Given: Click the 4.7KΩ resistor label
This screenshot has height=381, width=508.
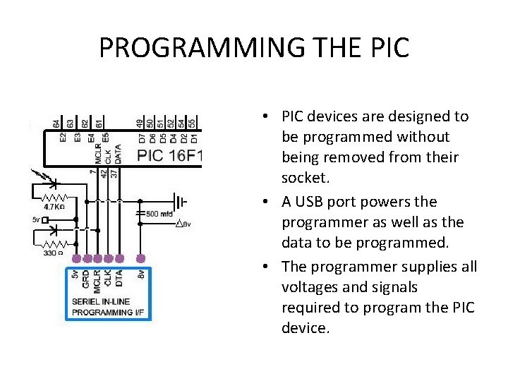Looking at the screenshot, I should click(x=55, y=207).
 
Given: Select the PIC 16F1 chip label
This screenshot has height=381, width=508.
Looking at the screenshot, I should click(x=169, y=155).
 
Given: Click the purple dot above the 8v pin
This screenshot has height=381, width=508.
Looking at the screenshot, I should click(x=141, y=258).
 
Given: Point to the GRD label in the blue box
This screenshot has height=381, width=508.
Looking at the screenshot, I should click(x=86, y=279).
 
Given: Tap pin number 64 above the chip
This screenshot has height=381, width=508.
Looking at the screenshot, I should click(x=56, y=123).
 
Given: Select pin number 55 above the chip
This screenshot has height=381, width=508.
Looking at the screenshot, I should click(x=192, y=123).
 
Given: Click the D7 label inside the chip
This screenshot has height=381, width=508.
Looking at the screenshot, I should click(x=141, y=138).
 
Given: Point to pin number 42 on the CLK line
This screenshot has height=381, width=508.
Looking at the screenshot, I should click(x=104, y=171).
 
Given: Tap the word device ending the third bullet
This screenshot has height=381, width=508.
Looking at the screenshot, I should click(x=305, y=329).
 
